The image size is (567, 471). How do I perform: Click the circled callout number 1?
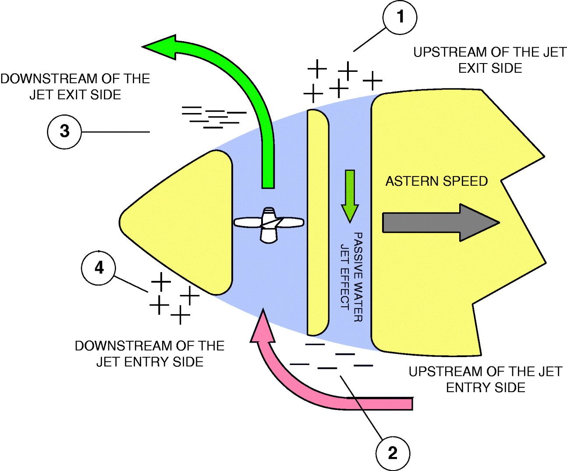click(400, 18)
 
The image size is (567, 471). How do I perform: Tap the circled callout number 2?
click(393, 453)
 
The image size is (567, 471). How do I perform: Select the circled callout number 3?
click(64, 131)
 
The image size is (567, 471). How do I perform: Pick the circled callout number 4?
click(99, 267)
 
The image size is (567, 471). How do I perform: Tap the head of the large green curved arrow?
click(160, 47)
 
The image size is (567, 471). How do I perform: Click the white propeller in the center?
click(269, 224)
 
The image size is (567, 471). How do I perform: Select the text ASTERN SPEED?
click(436, 181)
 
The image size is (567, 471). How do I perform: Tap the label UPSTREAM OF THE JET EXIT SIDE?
click(490, 60)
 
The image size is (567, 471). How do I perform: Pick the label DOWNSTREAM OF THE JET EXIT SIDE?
click(75, 86)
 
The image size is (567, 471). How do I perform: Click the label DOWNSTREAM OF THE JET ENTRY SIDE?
click(149, 354)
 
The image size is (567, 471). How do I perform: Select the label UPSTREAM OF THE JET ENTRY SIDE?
click(485, 379)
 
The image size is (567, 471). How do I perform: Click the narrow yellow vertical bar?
click(318, 223)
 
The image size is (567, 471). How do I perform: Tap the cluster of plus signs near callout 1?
click(342, 81)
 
